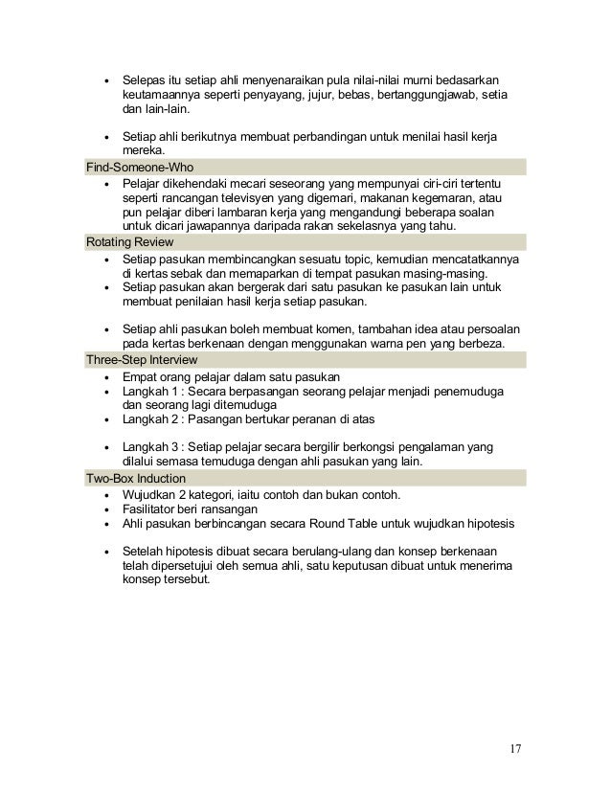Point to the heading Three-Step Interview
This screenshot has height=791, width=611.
coord(132,359)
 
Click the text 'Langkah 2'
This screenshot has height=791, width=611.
coord(150,420)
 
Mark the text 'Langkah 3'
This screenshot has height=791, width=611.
coord(150,446)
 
